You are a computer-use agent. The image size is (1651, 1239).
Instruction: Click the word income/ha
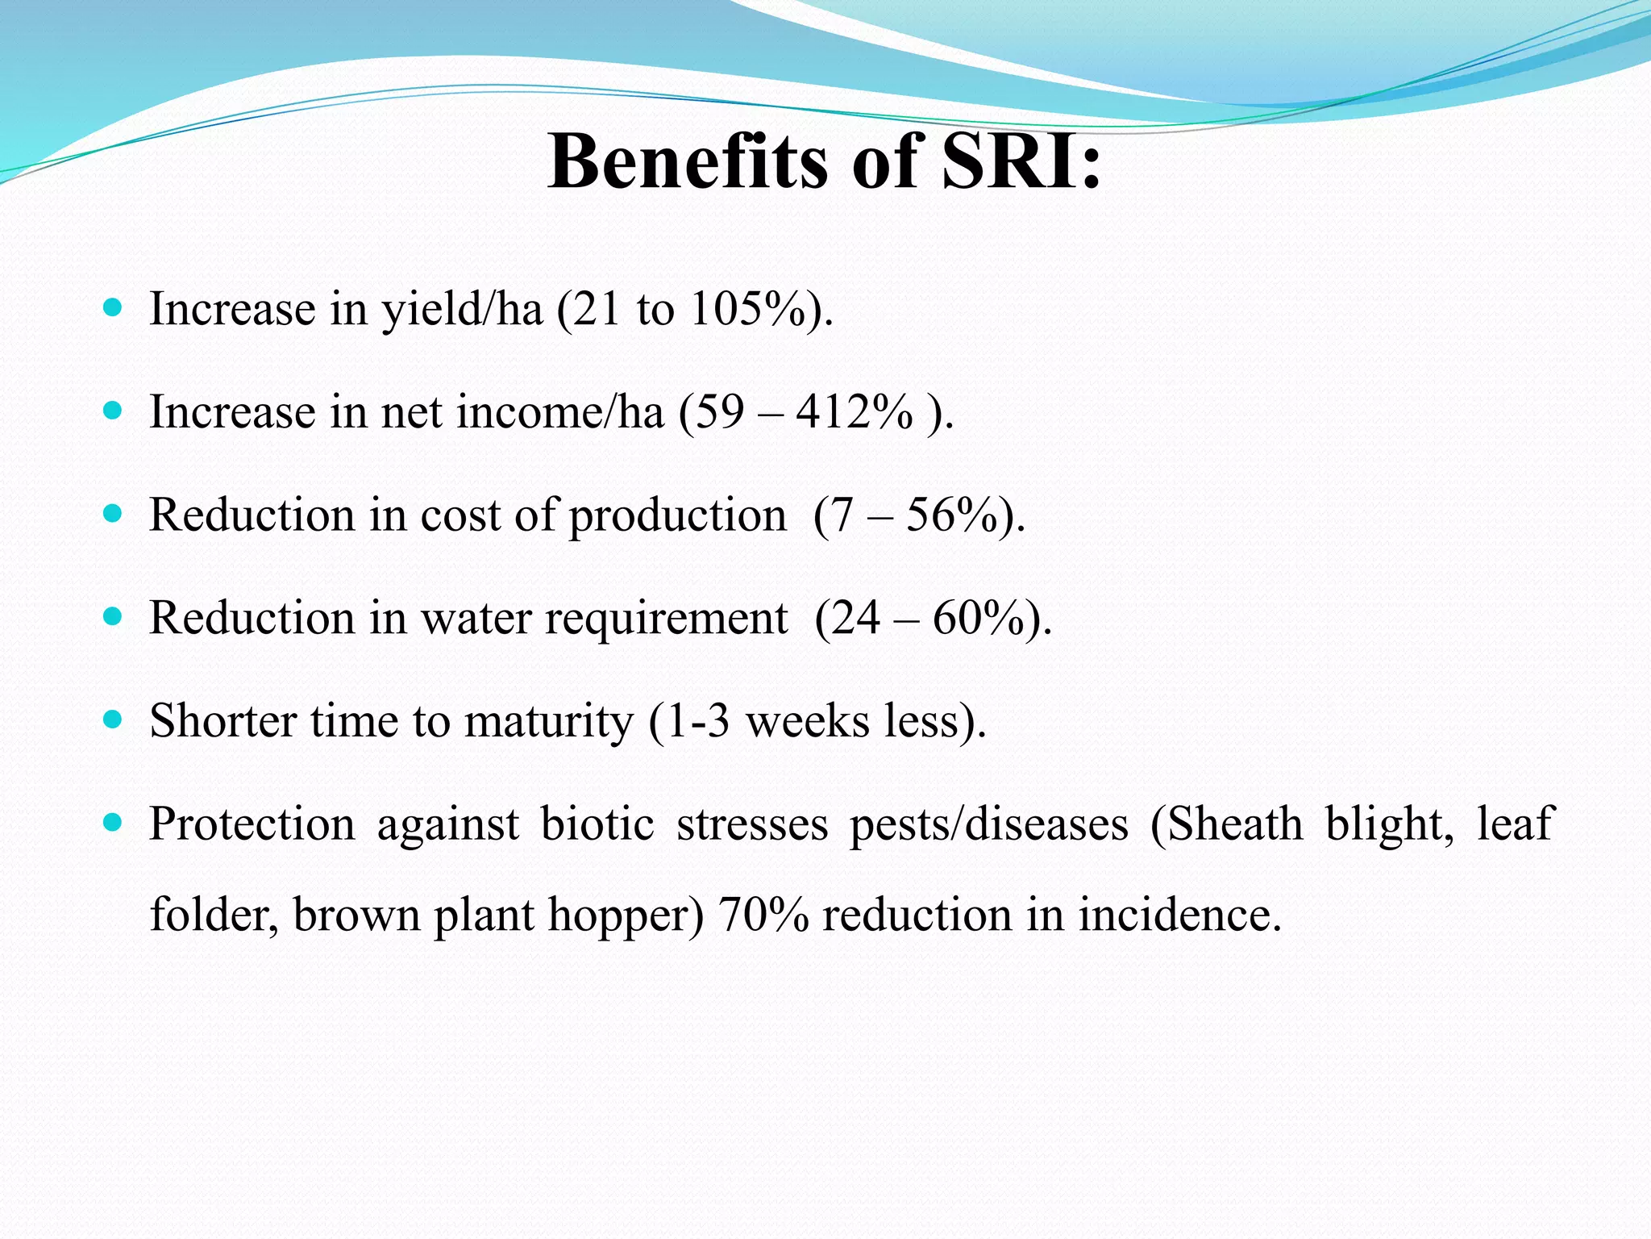click(x=559, y=412)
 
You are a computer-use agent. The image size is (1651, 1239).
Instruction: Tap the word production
click(x=677, y=516)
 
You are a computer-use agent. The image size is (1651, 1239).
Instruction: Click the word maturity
click(x=549, y=722)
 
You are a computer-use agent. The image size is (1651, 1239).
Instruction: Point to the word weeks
click(x=807, y=720)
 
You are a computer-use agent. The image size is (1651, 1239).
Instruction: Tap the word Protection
click(x=252, y=824)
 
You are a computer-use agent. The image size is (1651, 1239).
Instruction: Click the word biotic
click(x=597, y=824)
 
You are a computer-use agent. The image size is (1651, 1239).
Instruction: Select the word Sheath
click(x=1235, y=824)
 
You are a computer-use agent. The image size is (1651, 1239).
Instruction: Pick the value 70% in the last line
click(x=763, y=916)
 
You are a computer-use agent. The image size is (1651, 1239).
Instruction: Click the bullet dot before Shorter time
click(x=113, y=720)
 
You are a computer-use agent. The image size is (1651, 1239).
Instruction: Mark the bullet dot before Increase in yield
click(x=113, y=307)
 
